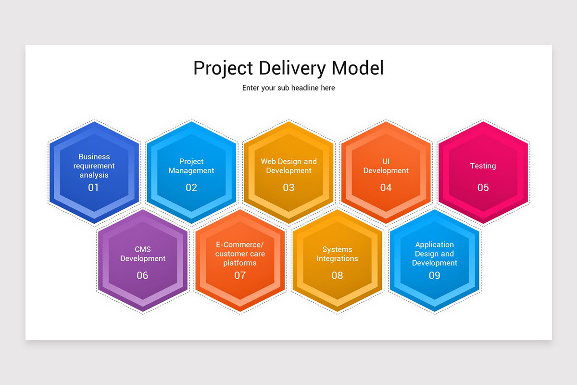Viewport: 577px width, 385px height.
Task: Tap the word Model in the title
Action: (x=358, y=68)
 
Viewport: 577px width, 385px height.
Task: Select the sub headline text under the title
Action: (x=288, y=88)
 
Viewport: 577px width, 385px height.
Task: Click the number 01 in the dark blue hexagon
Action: (x=93, y=187)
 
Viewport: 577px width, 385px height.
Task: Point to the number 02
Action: (x=191, y=187)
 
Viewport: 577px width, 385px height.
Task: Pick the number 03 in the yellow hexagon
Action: (x=288, y=187)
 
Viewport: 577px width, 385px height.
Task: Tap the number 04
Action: (x=386, y=187)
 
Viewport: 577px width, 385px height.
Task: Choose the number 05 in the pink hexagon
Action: (x=483, y=187)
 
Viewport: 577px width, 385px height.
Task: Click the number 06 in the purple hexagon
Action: (x=142, y=275)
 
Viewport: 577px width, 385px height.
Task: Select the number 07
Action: (x=240, y=275)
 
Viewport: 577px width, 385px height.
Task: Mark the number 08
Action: (x=337, y=275)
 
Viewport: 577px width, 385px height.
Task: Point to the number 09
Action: (x=434, y=275)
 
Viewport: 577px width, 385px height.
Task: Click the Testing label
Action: (x=483, y=166)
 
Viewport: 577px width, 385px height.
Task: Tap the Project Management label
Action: (x=191, y=166)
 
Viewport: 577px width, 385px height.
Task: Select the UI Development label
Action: (x=386, y=166)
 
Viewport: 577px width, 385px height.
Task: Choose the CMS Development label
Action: (x=143, y=254)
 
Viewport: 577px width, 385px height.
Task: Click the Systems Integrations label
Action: (x=337, y=254)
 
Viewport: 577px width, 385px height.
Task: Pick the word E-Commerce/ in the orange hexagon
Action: (x=240, y=244)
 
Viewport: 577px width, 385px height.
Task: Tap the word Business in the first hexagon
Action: (x=94, y=156)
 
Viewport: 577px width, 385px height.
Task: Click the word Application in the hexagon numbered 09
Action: (x=435, y=244)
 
